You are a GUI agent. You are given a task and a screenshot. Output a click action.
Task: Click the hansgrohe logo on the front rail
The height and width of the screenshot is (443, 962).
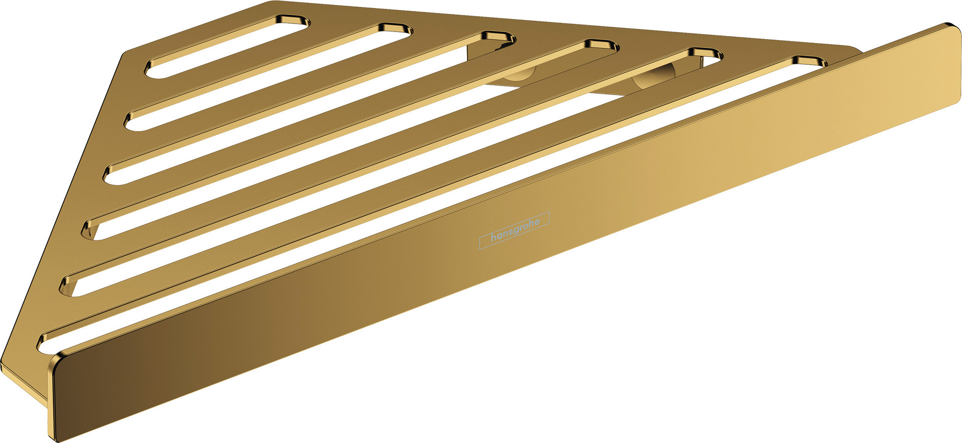tap(515, 230)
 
